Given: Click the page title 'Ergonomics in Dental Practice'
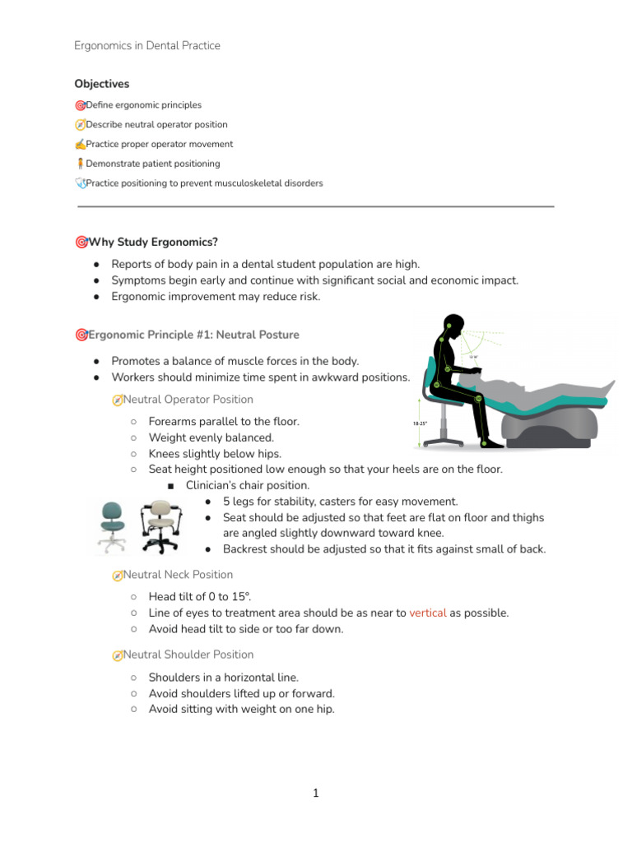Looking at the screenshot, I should pyautogui.click(x=147, y=46).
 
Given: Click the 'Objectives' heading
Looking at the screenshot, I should pyautogui.click(x=101, y=84).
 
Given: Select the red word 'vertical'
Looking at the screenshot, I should pyautogui.click(x=427, y=613).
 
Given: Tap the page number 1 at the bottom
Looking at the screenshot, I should pyautogui.click(x=315, y=793).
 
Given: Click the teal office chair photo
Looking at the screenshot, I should pyautogui.click(x=112, y=523).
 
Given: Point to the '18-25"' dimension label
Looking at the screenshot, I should pyautogui.click(x=420, y=423).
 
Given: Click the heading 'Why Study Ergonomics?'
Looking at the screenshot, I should pyautogui.click(x=153, y=242).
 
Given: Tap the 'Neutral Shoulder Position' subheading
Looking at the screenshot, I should pyautogui.click(x=188, y=655).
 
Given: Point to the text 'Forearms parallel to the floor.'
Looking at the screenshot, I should pyautogui.click(x=224, y=421).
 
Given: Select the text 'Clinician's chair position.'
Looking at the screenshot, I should pyautogui.click(x=248, y=485).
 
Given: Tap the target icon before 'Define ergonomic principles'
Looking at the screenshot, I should pyautogui.click(x=80, y=105).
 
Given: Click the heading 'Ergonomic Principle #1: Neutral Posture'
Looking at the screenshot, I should pyautogui.click(x=193, y=335).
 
